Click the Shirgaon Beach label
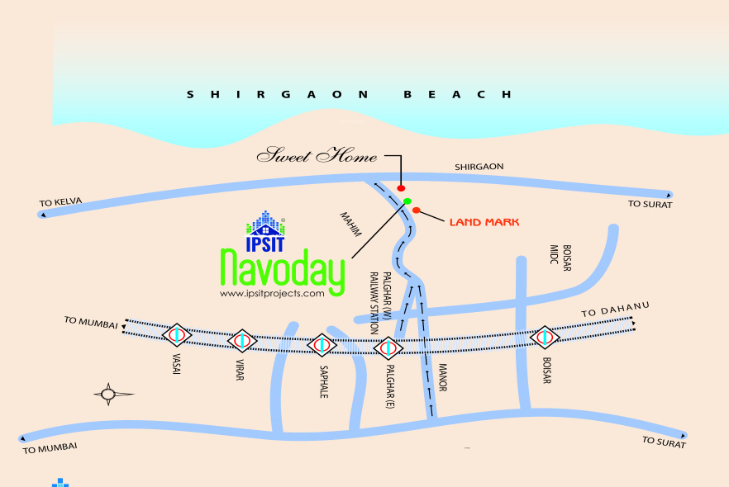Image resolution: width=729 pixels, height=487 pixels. coord(349,95)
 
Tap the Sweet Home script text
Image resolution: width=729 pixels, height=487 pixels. coord(317,156)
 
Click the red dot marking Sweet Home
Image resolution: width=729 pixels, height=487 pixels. coord(401,189)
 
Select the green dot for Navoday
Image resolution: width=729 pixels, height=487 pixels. coord(407,201)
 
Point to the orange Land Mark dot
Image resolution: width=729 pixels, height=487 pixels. coord(417,210)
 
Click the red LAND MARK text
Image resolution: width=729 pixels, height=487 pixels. coord(484,222)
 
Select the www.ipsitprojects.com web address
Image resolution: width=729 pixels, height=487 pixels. coord(272,293)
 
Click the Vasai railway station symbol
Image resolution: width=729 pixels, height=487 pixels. coord(176,335)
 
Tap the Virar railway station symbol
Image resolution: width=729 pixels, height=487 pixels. coord(242,339)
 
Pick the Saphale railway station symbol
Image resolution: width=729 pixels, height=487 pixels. coord(322,344)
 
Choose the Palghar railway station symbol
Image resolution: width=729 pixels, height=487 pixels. coord(388,348)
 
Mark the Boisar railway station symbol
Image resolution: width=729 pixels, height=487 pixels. coord(544,337)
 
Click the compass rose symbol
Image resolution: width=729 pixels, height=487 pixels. coord(108,394)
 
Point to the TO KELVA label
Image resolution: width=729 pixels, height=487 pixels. coord(62,202)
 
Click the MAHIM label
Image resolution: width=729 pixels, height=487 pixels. coord(351,225)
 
